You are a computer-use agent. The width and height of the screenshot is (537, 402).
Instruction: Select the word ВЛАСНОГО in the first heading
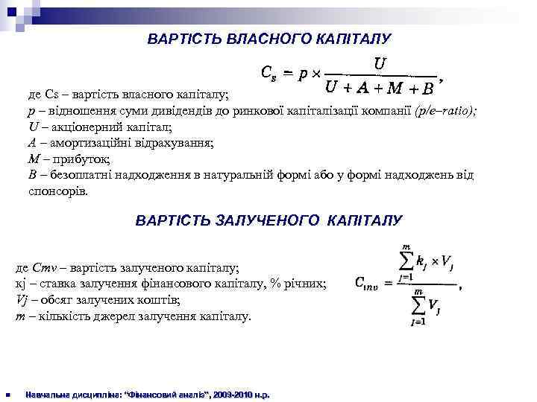click(248, 37)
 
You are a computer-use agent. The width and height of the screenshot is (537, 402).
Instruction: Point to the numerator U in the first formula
click(380, 64)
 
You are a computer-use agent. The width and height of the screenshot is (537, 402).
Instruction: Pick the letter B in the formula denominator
click(427, 89)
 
